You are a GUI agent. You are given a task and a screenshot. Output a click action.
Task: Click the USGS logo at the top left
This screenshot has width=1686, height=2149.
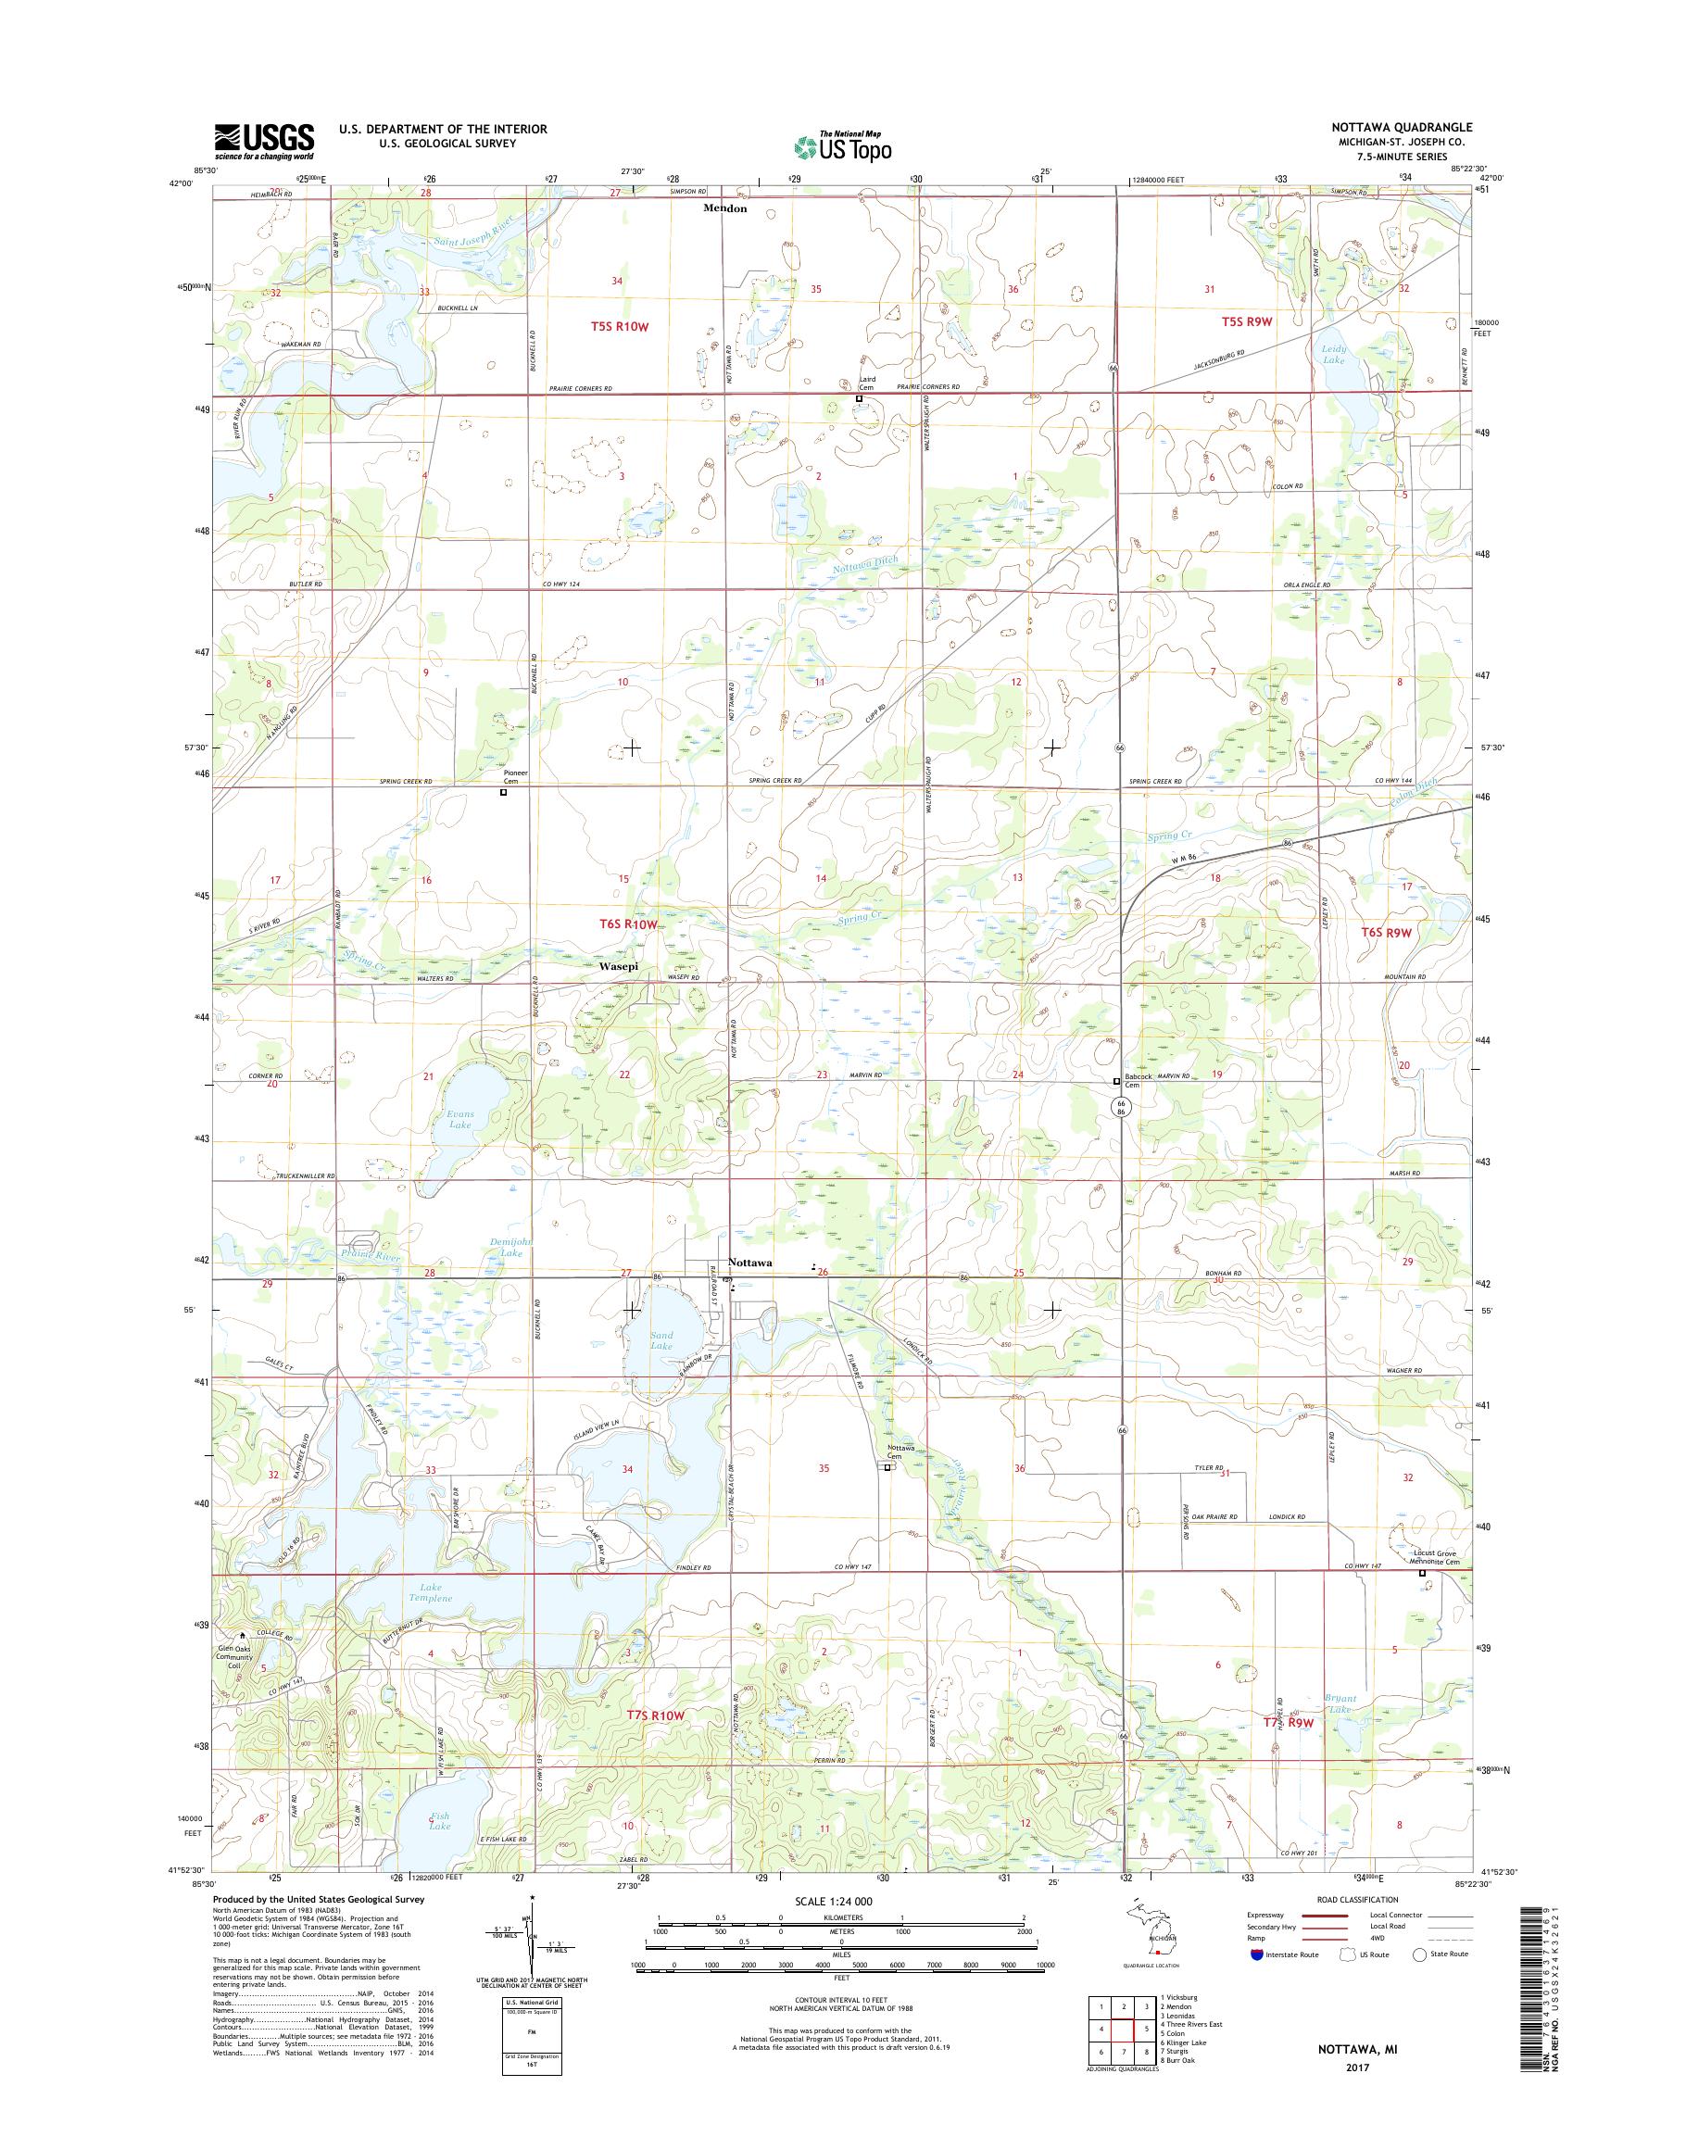coord(265,141)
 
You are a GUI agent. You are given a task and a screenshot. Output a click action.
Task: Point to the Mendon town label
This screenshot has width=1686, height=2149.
coord(724,209)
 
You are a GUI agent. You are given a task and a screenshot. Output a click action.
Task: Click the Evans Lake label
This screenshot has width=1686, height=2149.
coord(460,1118)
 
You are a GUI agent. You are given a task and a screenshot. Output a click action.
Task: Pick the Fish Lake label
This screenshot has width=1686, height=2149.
coord(439,1821)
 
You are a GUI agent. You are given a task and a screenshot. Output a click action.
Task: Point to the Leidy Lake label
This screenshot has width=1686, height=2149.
coord(1333,355)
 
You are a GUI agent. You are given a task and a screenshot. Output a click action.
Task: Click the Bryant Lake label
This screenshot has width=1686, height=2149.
coord(1342,1703)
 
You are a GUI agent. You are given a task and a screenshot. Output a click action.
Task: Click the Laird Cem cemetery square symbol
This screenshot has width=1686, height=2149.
coord(859,399)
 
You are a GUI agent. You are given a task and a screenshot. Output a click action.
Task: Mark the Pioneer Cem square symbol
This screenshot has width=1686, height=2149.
coord(503,791)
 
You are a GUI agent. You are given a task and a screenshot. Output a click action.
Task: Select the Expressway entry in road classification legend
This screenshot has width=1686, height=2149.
coord(1269,1915)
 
